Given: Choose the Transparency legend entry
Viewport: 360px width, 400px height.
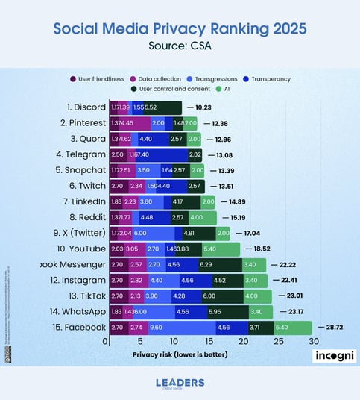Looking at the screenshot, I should pos(271,78).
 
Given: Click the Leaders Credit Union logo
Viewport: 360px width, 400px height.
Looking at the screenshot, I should pos(180,383).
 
